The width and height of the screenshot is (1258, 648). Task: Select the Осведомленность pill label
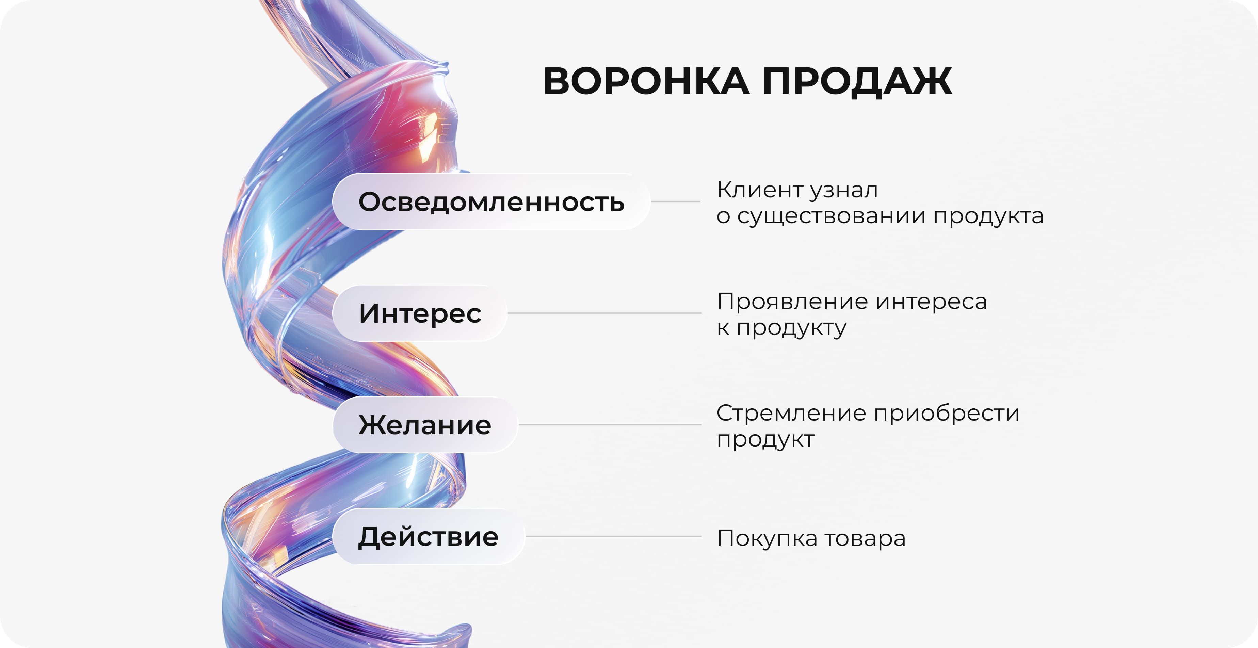pyautogui.click(x=491, y=202)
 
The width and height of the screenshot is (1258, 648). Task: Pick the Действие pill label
pyautogui.click(x=428, y=537)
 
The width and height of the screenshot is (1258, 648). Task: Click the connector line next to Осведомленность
pyautogui.click(x=675, y=201)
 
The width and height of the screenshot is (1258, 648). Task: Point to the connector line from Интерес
pyautogui.click(x=604, y=313)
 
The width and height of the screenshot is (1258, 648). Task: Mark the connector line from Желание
pyautogui.click(x=610, y=425)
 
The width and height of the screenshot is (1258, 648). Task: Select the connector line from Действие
pyautogui.click(x=613, y=536)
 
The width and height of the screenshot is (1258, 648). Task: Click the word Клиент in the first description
pyautogui.click(x=759, y=190)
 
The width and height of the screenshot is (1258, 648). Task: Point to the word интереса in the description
pyautogui.click(x=931, y=302)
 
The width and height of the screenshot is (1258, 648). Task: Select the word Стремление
pyautogui.click(x=791, y=414)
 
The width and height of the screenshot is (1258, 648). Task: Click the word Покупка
pyautogui.click(x=767, y=539)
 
